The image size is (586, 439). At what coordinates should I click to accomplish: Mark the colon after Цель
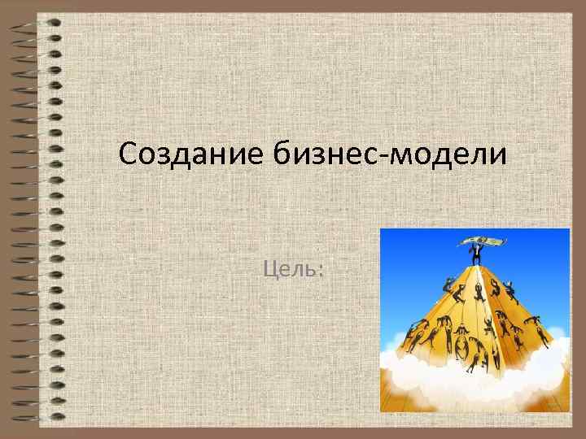(321, 271)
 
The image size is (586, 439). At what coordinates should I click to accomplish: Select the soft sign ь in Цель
(311, 269)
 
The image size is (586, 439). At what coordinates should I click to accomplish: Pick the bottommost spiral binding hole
(54, 418)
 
